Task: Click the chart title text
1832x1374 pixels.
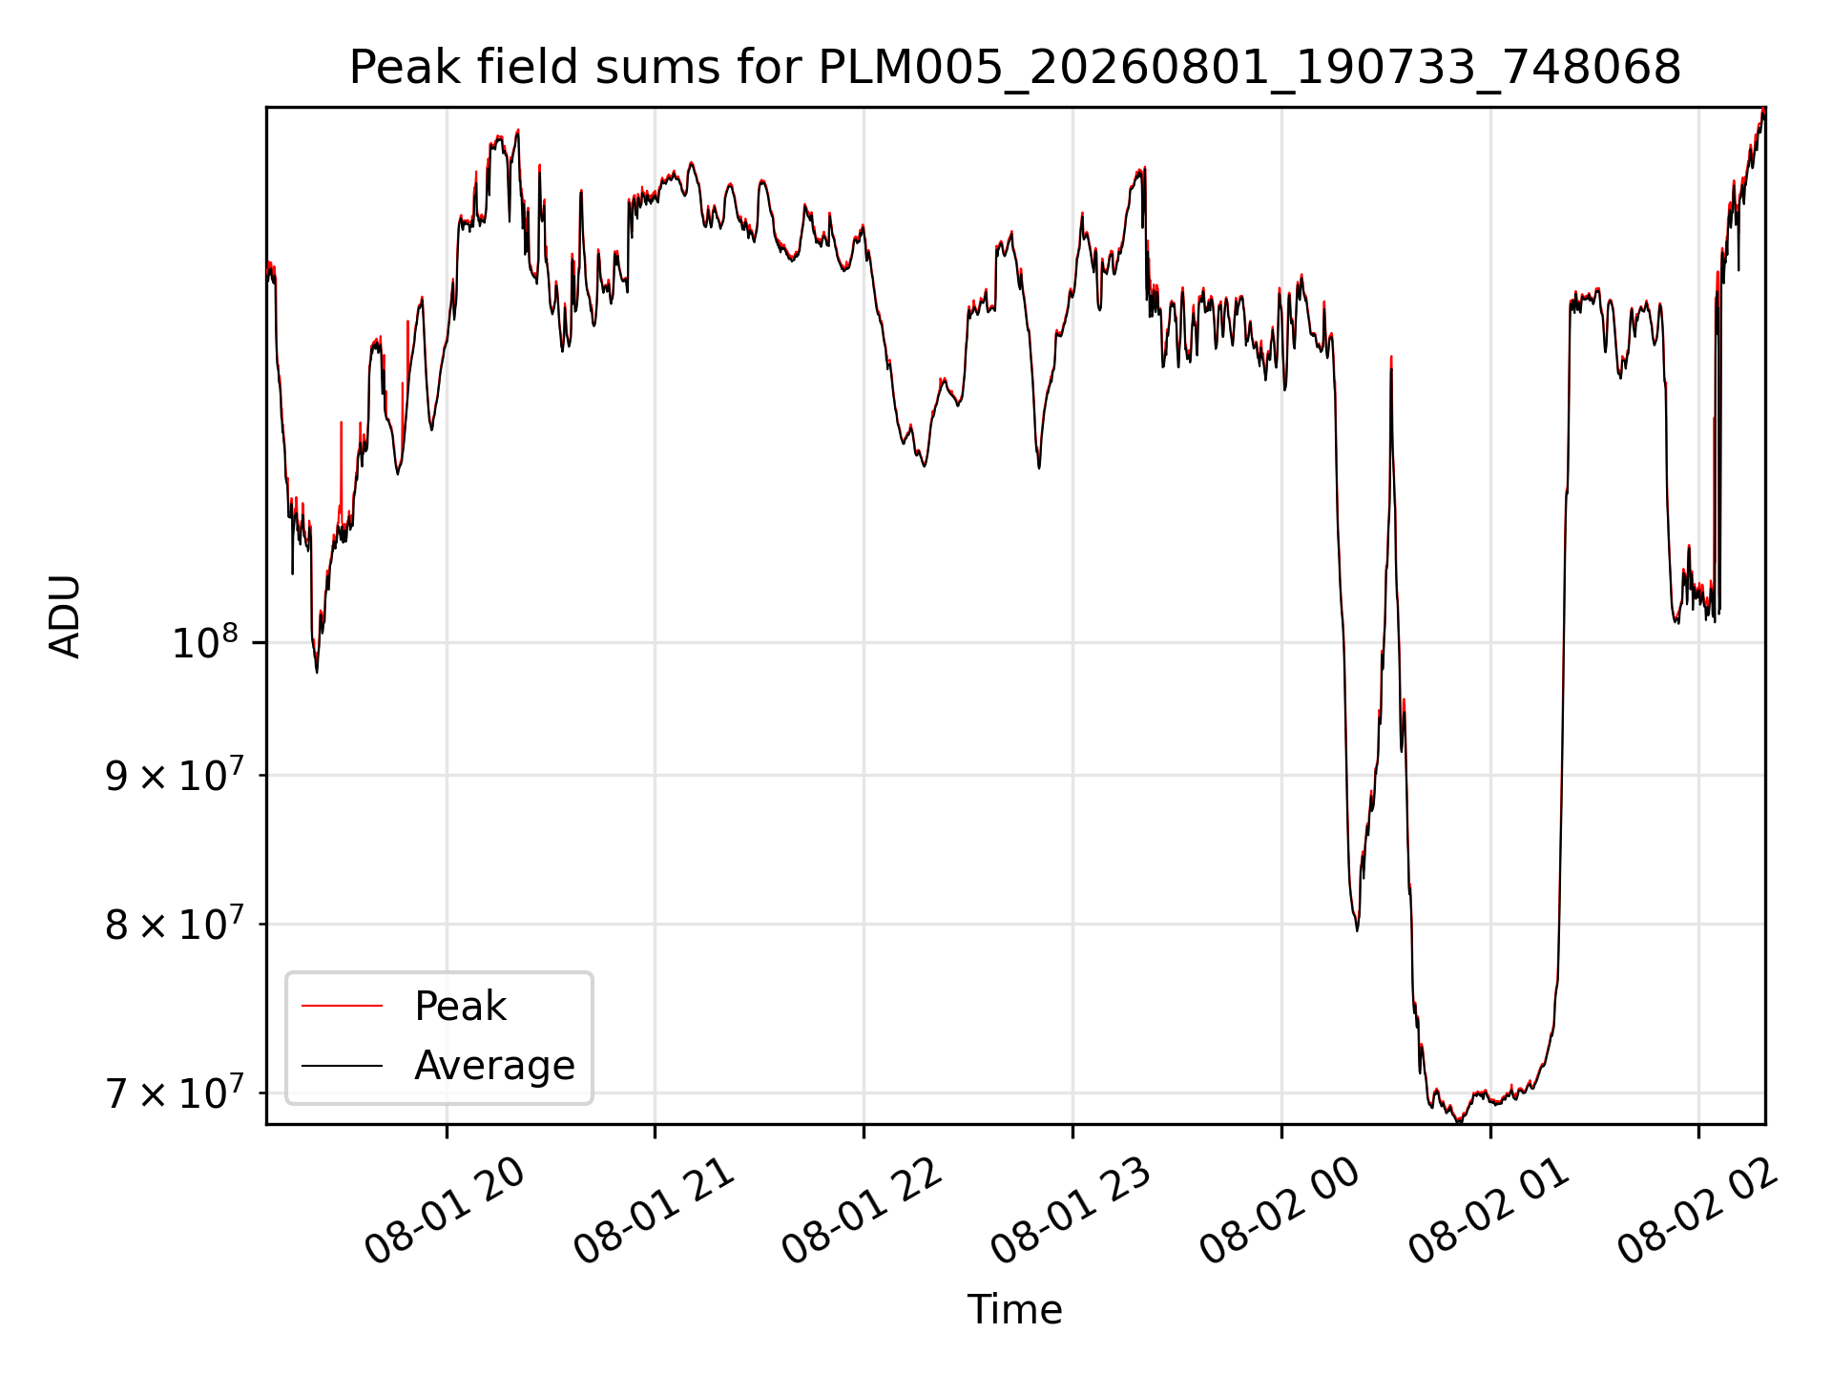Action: coord(1014,68)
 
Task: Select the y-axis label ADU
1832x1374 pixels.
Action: coord(65,616)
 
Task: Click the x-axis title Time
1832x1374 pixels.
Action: coord(1014,1310)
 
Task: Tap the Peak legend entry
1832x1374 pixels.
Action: coord(460,1007)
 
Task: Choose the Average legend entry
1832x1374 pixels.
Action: coord(494,1066)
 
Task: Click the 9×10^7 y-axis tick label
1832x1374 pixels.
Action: coord(173,775)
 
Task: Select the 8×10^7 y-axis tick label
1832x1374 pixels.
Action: coord(173,924)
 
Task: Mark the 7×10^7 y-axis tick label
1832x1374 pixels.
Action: coord(173,1093)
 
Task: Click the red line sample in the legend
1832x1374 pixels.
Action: coord(342,1006)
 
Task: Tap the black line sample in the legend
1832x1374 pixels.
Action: coord(342,1065)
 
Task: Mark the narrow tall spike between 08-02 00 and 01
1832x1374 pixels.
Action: coord(1391,458)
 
